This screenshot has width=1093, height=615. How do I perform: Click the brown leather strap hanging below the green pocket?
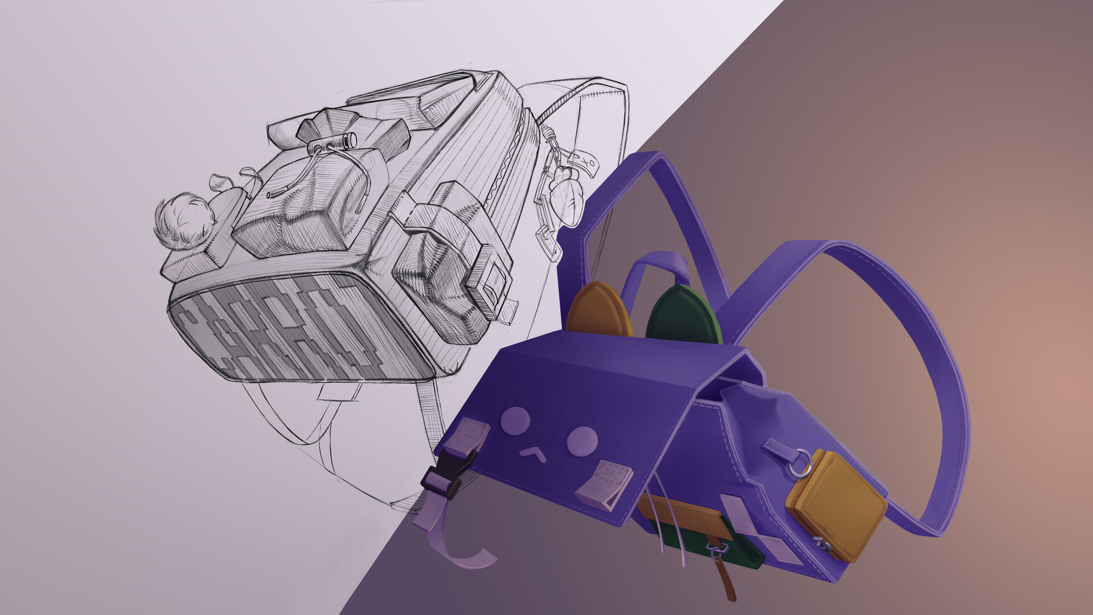click(x=725, y=581)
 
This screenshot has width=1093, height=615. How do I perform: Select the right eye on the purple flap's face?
click(x=582, y=439)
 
